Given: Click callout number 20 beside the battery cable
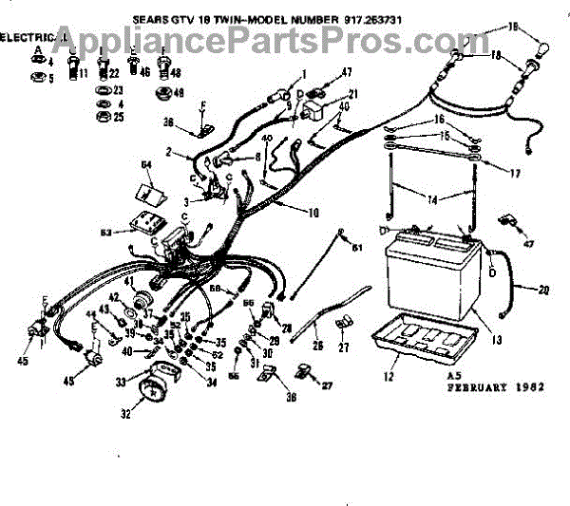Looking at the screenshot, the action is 543,290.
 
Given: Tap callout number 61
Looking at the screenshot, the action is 357,249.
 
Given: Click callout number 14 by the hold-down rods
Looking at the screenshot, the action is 431,199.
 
